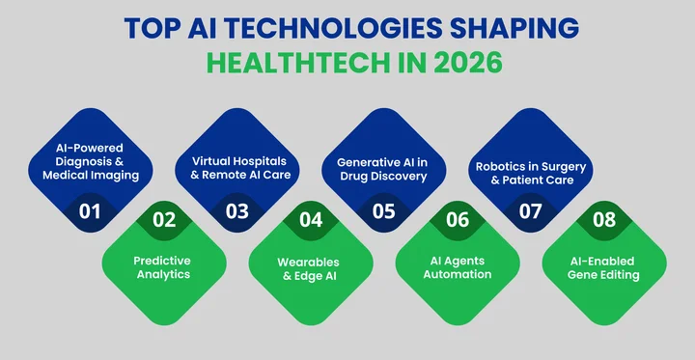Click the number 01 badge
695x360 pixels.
pos(90,211)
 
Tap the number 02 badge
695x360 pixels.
pos(164,219)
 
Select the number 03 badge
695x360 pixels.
pos(237,211)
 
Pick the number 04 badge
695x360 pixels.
pos(311,219)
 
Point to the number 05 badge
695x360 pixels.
pos(383,211)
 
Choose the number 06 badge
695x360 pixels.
pos(458,219)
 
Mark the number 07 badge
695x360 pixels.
pos(530,211)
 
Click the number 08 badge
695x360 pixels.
pos(604,219)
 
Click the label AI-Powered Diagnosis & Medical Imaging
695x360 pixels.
pos(90,162)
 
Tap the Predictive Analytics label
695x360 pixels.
pos(163,267)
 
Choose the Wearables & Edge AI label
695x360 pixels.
pos(310,267)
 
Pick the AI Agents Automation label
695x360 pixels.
pos(458,267)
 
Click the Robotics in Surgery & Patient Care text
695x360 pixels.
pos(530,172)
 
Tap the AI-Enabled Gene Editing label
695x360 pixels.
pos(604,267)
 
